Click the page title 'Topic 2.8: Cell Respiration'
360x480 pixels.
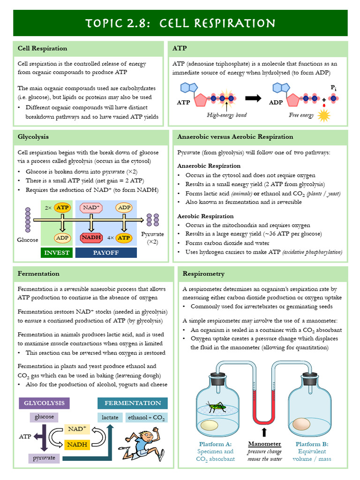tap(180, 23)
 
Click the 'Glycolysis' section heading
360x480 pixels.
tap(33, 137)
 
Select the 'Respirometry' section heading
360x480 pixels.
tap(203, 274)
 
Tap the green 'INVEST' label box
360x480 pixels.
tap(57, 253)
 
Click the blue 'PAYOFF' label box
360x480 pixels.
tap(106, 253)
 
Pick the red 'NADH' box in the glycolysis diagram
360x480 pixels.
tap(91, 238)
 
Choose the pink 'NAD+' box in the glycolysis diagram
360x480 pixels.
tap(91, 207)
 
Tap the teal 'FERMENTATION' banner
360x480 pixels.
tap(133, 403)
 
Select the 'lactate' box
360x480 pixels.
tap(110, 417)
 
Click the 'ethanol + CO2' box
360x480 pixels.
tap(147, 417)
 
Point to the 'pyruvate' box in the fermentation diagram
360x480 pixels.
tap(44, 458)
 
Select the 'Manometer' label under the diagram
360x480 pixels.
tap(264, 444)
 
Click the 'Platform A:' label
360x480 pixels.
tap(215, 444)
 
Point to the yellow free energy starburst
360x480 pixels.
tap(324, 116)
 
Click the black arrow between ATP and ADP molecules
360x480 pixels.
tap(253, 98)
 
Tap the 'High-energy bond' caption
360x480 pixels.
tap(226, 115)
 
